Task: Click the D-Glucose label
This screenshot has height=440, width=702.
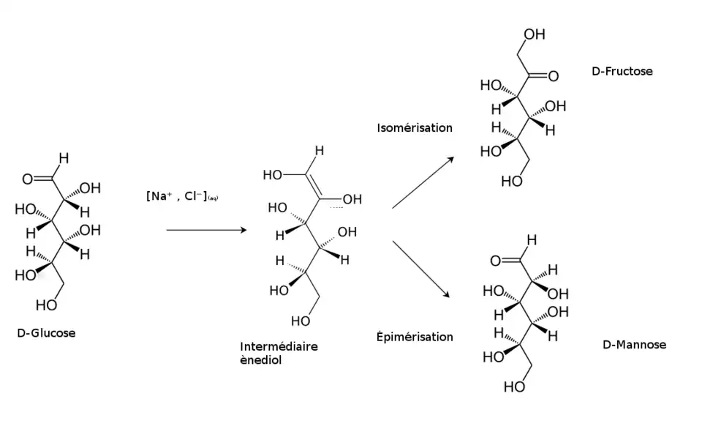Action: coord(46,333)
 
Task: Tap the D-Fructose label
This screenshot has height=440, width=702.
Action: coord(622,72)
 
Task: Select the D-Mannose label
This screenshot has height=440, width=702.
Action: coord(634,344)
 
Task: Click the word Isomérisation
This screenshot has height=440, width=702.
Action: coord(415,127)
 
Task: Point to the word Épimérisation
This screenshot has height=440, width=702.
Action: coord(415,337)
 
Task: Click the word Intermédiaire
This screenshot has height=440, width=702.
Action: coord(279,346)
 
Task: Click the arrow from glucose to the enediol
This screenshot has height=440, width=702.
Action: coord(205,230)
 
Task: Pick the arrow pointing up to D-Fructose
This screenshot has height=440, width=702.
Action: coord(422,182)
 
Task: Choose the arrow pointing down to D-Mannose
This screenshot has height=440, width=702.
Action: coord(422,269)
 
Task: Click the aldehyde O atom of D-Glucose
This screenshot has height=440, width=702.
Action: coord(27,178)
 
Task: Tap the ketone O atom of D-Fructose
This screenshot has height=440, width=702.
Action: coord(553,75)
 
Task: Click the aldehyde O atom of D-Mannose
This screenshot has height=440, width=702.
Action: coord(495,261)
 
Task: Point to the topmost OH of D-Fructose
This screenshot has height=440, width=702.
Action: coord(535,34)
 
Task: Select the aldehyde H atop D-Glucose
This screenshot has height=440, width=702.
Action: coord(64,157)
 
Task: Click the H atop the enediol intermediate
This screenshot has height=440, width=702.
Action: coord(320,152)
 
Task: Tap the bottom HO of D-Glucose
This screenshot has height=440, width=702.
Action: coord(45,305)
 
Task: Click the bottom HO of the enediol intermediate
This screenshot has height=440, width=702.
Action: coord(301,321)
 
